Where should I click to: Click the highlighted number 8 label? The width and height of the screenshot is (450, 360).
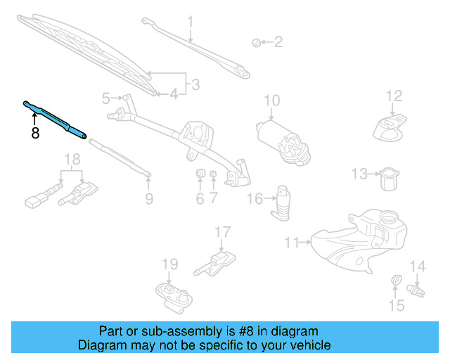pyautogui.click(x=34, y=131)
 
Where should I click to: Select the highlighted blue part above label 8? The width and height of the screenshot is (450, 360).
pyautogui.click(x=56, y=117)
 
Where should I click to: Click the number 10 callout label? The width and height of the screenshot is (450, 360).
pyautogui.click(x=271, y=101)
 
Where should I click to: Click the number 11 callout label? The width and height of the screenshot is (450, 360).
pyautogui.click(x=292, y=243)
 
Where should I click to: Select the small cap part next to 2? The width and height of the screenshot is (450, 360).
pyautogui.click(x=256, y=44)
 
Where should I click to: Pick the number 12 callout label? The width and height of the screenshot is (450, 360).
pyautogui.click(x=393, y=96)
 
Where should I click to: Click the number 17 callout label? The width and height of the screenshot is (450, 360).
pyautogui.click(x=222, y=231)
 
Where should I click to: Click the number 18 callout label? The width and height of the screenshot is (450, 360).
pyautogui.click(x=71, y=160)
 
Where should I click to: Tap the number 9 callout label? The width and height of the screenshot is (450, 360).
pyautogui.click(x=148, y=199)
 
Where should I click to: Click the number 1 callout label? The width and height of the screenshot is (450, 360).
pyautogui.click(x=190, y=22)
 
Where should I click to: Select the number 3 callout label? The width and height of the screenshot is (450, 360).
pyautogui.click(x=195, y=84)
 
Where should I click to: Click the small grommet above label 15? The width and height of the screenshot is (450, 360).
pyautogui.click(x=396, y=283)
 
